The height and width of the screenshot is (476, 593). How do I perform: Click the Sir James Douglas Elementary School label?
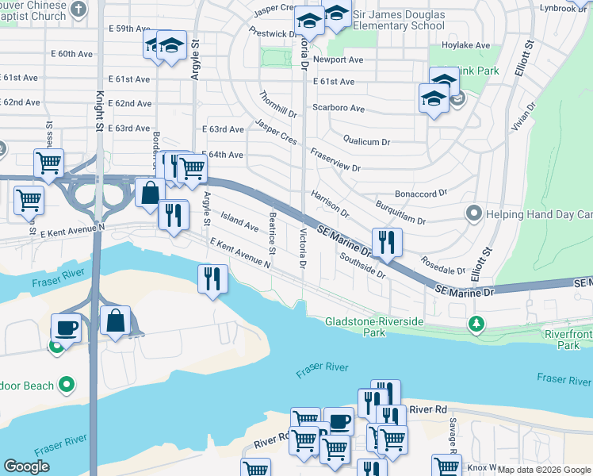(399, 20)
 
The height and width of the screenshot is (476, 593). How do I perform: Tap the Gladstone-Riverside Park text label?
(374, 327)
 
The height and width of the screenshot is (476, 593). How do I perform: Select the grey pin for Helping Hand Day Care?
(473, 214)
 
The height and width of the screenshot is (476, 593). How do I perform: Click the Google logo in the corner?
(26, 466)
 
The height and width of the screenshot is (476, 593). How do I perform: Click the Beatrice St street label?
(272, 234)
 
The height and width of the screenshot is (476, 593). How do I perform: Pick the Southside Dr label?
(362, 266)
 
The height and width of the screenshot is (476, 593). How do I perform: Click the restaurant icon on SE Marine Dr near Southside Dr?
(387, 242)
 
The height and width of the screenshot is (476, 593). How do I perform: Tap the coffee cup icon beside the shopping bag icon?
(66, 327)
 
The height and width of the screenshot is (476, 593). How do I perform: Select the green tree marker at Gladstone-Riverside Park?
(476, 324)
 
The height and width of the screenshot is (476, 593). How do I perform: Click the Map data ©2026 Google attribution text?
(544, 470)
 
